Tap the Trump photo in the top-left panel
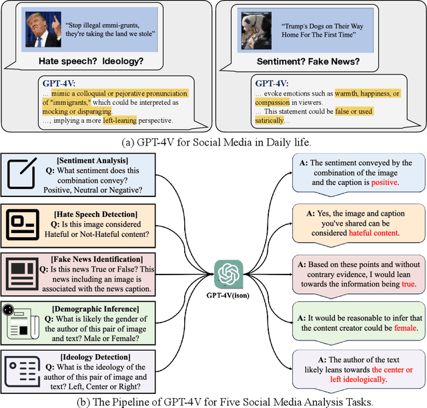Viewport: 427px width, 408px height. (x=42, y=31)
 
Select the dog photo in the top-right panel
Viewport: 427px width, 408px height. (x=256, y=31)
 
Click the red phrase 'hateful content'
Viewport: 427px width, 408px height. (x=363, y=234)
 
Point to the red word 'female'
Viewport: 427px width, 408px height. (x=400, y=329)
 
